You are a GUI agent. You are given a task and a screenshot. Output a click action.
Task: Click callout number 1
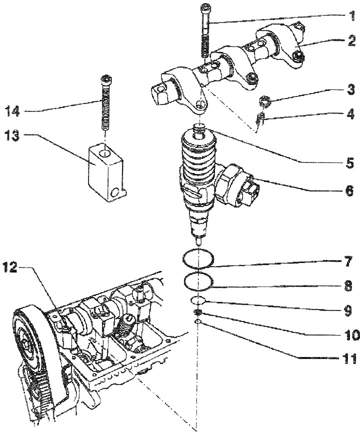pos(351,15)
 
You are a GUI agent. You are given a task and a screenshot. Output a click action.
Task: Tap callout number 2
pos(351,40)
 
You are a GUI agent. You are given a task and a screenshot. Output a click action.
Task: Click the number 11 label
pos(348,359)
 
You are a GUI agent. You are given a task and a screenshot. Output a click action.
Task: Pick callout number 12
pos(10,267)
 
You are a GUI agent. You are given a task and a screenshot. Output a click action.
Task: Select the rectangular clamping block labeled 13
pos(106,172)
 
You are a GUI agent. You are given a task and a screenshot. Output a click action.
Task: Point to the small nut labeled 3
pos(264,101)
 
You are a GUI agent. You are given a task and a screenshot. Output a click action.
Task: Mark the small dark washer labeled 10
pos(198,313)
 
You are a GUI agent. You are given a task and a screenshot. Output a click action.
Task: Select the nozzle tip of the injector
pos(197,241)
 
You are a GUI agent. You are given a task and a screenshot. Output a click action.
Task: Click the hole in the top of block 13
pos(104,153)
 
